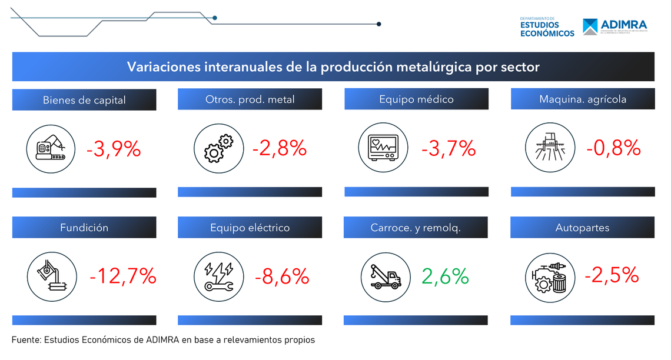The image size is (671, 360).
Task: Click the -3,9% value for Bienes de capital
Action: tap(114, 149)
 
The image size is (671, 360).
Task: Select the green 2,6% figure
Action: tap(445, 275)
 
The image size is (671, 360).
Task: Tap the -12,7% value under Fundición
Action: tap(123, 275)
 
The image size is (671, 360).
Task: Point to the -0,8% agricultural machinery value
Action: tap(613, 148)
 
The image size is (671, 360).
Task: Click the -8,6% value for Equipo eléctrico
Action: tap(282, 275)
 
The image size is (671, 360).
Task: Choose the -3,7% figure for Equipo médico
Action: tap(448, 148)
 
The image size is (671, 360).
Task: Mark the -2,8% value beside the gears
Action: tap(280, 148)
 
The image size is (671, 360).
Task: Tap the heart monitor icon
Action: tap(383, 148)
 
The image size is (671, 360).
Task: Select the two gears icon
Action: tap(218, 148)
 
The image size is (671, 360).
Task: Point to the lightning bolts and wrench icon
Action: tap(218, 276)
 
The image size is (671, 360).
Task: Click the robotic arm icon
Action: tap(52, 149)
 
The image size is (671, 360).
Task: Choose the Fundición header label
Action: tap(84, 228)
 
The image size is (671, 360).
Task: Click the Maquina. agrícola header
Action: tap(583, 99)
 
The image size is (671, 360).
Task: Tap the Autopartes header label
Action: tap(582, 228)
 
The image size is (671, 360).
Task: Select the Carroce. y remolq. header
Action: tap(416, 228)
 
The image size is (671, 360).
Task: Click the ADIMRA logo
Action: tap(614, 26)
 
